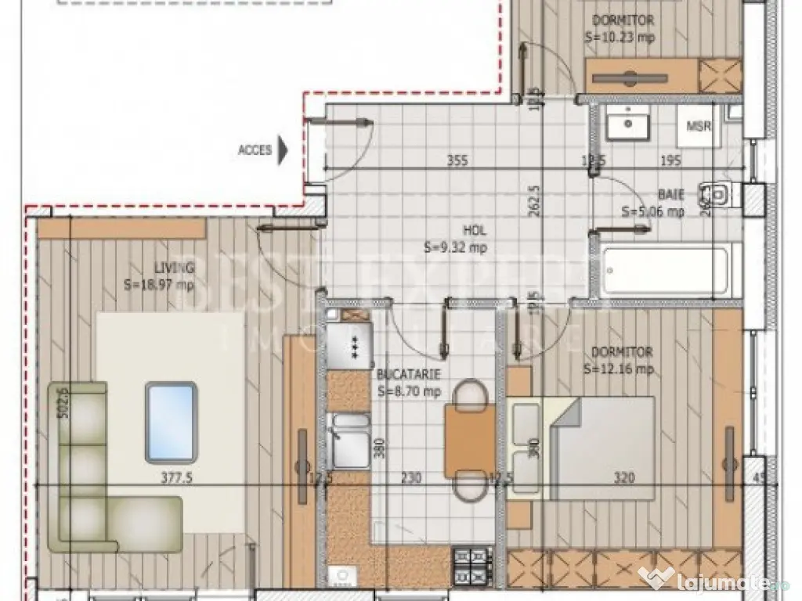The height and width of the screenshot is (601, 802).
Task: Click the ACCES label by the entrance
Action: (255, 150)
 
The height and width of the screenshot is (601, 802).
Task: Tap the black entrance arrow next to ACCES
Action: (284, 149)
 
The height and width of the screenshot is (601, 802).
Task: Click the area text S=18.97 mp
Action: (159, 286)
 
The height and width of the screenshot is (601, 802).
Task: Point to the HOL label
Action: (474, 232)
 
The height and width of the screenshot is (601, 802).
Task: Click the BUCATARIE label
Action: (409, 375)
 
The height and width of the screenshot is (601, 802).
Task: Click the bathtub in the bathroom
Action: (670, 270)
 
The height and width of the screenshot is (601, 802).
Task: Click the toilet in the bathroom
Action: (718, 193)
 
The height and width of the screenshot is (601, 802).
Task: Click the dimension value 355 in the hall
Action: (457, 162)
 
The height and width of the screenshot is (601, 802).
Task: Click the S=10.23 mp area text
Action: (620, 36)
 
